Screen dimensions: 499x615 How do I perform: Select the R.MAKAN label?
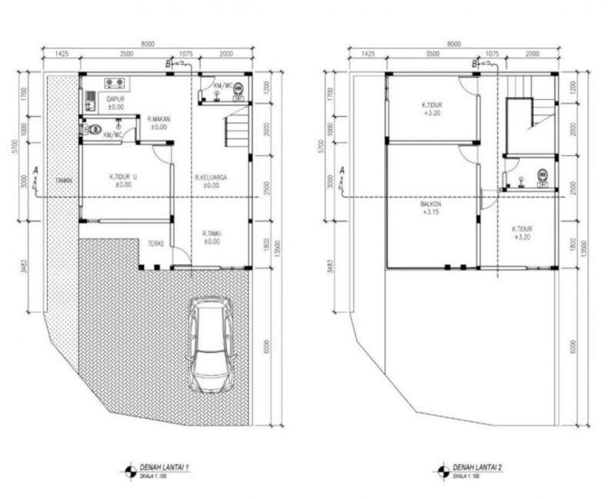tap(158, 123)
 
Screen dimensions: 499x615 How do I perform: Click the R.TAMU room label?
tap(211, 237)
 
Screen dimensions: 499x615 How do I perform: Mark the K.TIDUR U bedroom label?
tap(123, 180)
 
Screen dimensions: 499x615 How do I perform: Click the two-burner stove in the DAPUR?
tap(116, 82)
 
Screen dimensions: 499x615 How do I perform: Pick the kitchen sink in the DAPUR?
tap(91, 99)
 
